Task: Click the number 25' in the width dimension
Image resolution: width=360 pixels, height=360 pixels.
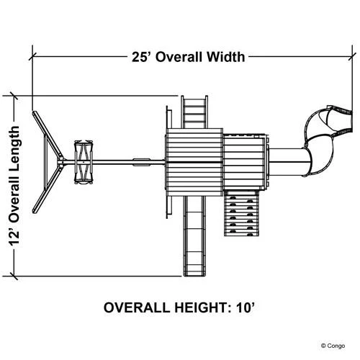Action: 142,57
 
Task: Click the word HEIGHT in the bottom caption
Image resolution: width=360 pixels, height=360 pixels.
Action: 200,307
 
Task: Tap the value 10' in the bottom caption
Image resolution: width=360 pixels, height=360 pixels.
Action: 244,307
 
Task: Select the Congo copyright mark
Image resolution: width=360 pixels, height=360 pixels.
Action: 333,346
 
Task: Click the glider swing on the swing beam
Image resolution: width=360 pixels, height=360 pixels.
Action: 84,162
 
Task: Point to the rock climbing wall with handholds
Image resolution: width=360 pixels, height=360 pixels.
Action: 242,213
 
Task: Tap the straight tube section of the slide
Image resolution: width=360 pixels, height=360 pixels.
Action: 287,162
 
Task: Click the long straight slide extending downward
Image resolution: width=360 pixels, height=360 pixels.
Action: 194,235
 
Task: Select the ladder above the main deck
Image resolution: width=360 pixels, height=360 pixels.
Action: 194,112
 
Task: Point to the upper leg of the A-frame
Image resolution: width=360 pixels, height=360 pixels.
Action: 48,135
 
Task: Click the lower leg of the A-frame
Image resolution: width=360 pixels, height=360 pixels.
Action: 47,190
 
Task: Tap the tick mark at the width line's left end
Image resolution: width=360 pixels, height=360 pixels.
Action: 32,57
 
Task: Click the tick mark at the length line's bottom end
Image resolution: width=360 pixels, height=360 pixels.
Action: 14,276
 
